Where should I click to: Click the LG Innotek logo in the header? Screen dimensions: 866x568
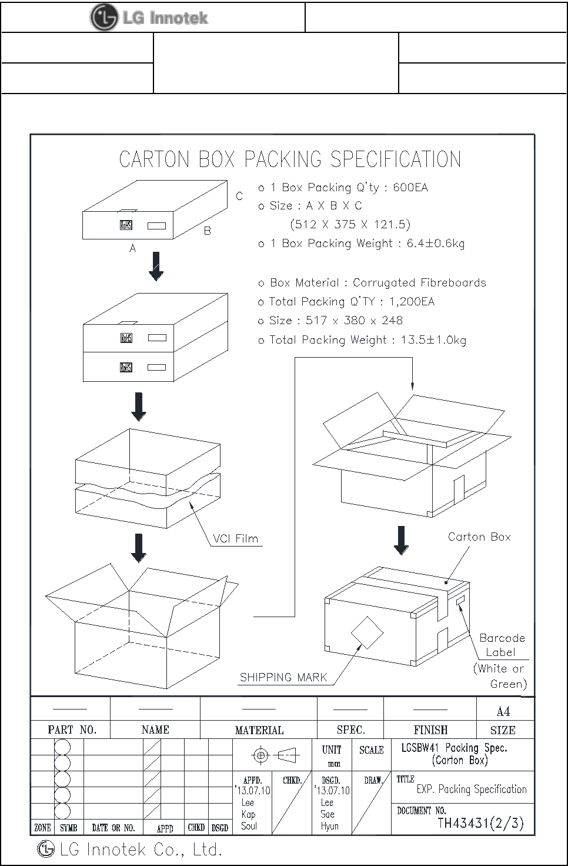tap(149, 18)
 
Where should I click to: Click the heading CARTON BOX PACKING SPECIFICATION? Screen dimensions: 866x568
tap(290, 159)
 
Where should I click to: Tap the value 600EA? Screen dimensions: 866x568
tap(410, 188)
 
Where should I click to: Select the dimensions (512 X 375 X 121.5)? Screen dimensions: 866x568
tap(350, 224)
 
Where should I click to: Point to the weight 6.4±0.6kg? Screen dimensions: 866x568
tap(435, 244)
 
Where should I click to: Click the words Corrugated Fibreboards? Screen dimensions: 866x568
tap(419, 282)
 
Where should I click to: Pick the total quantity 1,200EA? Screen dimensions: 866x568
tap(412, 302)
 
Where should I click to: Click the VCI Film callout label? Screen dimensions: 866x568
tap(235, 538)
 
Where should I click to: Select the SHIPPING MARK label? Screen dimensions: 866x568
tap(283, 677)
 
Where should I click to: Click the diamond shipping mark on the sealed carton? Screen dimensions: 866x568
tap(367, 633)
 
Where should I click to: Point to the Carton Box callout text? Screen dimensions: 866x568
tap(479, 537)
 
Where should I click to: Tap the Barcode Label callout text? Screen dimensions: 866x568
tap(502, 645)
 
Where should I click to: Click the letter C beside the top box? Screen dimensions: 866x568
tap(239, 196)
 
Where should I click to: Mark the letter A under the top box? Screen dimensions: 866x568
tap(133, 248)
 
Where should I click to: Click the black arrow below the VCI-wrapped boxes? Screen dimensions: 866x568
tap(139, 548)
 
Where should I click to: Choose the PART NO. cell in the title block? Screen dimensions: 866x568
tap(72, 730)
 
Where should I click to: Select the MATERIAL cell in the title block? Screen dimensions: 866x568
tap(259, 730)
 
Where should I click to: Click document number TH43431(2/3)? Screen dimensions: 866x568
tap(480, 822)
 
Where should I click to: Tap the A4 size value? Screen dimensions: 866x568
tap(503, 712)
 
